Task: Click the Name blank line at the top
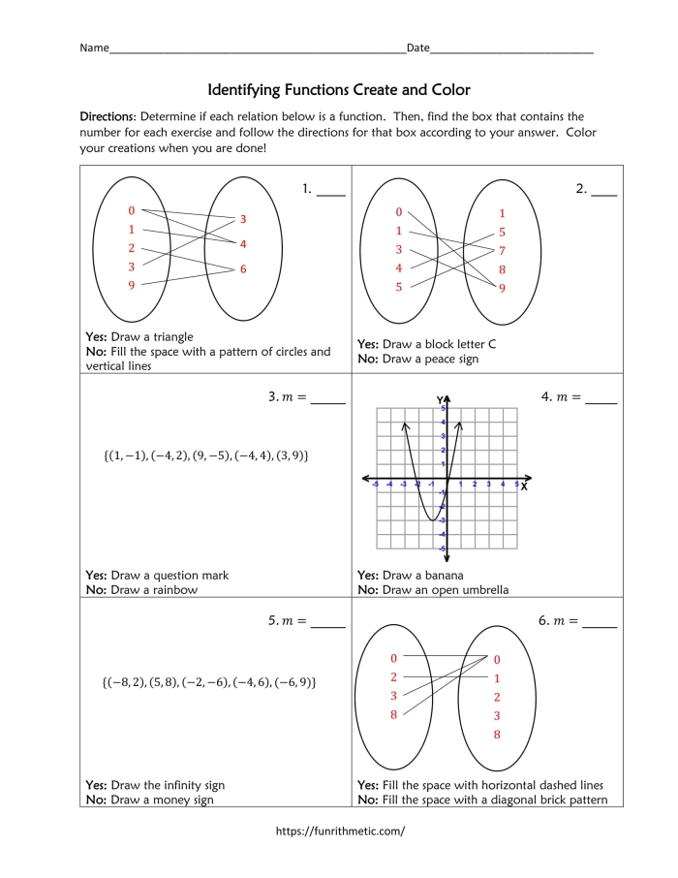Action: (x=257, y=49)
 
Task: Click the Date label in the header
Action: (x=417, y=47)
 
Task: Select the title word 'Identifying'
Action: (x=244, y=90)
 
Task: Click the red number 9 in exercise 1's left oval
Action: (x=132, y=285)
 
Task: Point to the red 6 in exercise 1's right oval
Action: (x=243, y=268)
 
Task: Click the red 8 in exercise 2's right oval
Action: (x=502, y=269)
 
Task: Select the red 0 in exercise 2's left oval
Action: (x=398, y=212)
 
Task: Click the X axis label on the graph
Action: (x=524, y=486)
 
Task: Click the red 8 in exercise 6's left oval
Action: (x=394, y=715)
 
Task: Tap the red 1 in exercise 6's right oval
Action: (x=497, y=678)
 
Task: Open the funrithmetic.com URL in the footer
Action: (x=340, y=831)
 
